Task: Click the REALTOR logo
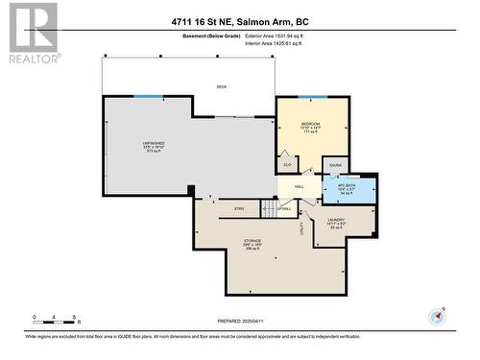[33, 34]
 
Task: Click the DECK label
[221, 86]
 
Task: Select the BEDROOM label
[309, 126]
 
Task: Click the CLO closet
[285, 163]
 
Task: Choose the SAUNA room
[335, 166]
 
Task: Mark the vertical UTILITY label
[301, 228]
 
